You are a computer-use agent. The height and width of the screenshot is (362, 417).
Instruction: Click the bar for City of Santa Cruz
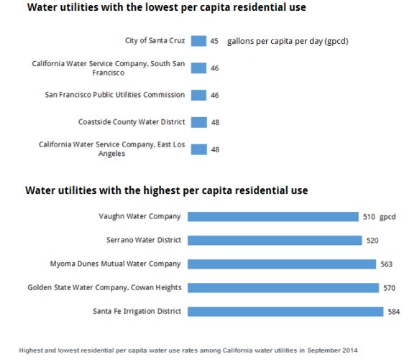click(198, 41)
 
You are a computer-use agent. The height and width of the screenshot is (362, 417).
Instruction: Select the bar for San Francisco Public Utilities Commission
click(198, 95)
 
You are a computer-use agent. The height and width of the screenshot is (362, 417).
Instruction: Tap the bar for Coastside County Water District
click(198, 122)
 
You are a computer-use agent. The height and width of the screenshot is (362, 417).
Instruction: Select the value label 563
click(387, 264)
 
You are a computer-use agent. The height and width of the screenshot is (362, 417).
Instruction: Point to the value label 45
click(214, 42)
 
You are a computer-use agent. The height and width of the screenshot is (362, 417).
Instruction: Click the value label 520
click(372, 241)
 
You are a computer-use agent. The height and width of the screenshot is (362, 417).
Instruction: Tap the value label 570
click(389, 288)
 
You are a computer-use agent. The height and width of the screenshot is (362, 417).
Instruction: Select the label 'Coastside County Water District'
click(132, 122)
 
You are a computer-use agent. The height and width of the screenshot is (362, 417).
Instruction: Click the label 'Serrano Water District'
click(139, 240)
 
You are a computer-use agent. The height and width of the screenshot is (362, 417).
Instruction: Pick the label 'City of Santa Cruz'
click(155, 41)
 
